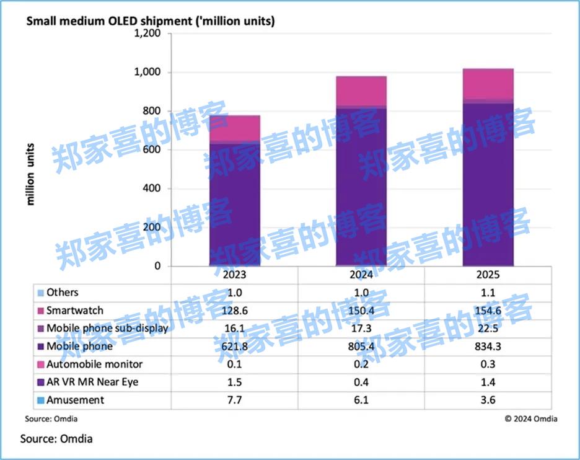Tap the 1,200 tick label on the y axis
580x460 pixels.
pyautogui.click(x=148, y=33)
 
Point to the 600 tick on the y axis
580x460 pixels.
pyautogui.click(x=153, y=150)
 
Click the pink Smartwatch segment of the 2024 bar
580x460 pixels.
pyautogui.click(x=361, y=91)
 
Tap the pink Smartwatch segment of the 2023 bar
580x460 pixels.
pyautogui.click(x=234, y=128)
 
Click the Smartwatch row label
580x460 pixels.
pyautogui.click(x=74, y=310)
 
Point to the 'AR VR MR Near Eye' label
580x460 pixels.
pyautogui.click(x=92, y=382)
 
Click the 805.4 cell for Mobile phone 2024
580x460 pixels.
pyautogui.click(x=361, y=346)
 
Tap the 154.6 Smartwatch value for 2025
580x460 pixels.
pyautogui.click(x=488, y=310)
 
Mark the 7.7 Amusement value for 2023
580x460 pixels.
pyautogui.click(x=234, y=400)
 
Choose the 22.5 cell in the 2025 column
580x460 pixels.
pyautogui.click(x=488, y=328)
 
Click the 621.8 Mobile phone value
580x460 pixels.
pyautogui.click(x=234, y=346)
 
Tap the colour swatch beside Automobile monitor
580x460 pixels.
pyautogui.click(x=41, y=365)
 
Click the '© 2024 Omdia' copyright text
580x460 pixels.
pyautogui.click(x=530, y=418)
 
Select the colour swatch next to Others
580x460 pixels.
pyautogui.click(x=41, y=293)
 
